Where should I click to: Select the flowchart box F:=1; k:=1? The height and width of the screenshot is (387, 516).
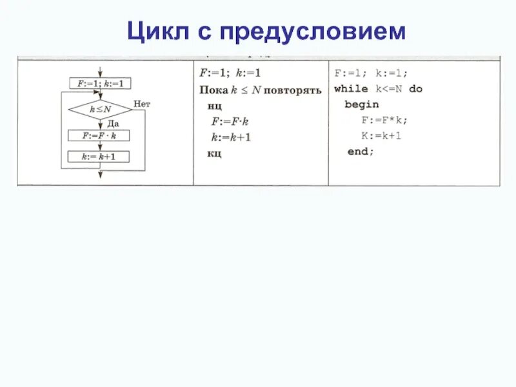[x=100, y=83]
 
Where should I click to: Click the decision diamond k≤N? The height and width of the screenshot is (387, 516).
[x=100, y=110]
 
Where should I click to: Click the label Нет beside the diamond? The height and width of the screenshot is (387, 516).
[x=142, y=103]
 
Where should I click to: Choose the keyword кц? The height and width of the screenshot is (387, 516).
[x=214, y=154]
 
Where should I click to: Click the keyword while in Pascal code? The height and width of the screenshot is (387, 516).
[x=351, y=89]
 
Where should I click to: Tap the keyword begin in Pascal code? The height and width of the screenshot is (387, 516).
[x=361, y=104]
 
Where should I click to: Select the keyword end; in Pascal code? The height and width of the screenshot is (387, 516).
[x=360, y=151]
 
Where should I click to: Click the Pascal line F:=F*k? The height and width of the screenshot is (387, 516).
[x=384, y=120]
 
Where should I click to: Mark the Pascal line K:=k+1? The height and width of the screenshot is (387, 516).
[x=381, y=135]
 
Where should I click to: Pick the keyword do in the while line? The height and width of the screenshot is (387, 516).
[x=416, y=89]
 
